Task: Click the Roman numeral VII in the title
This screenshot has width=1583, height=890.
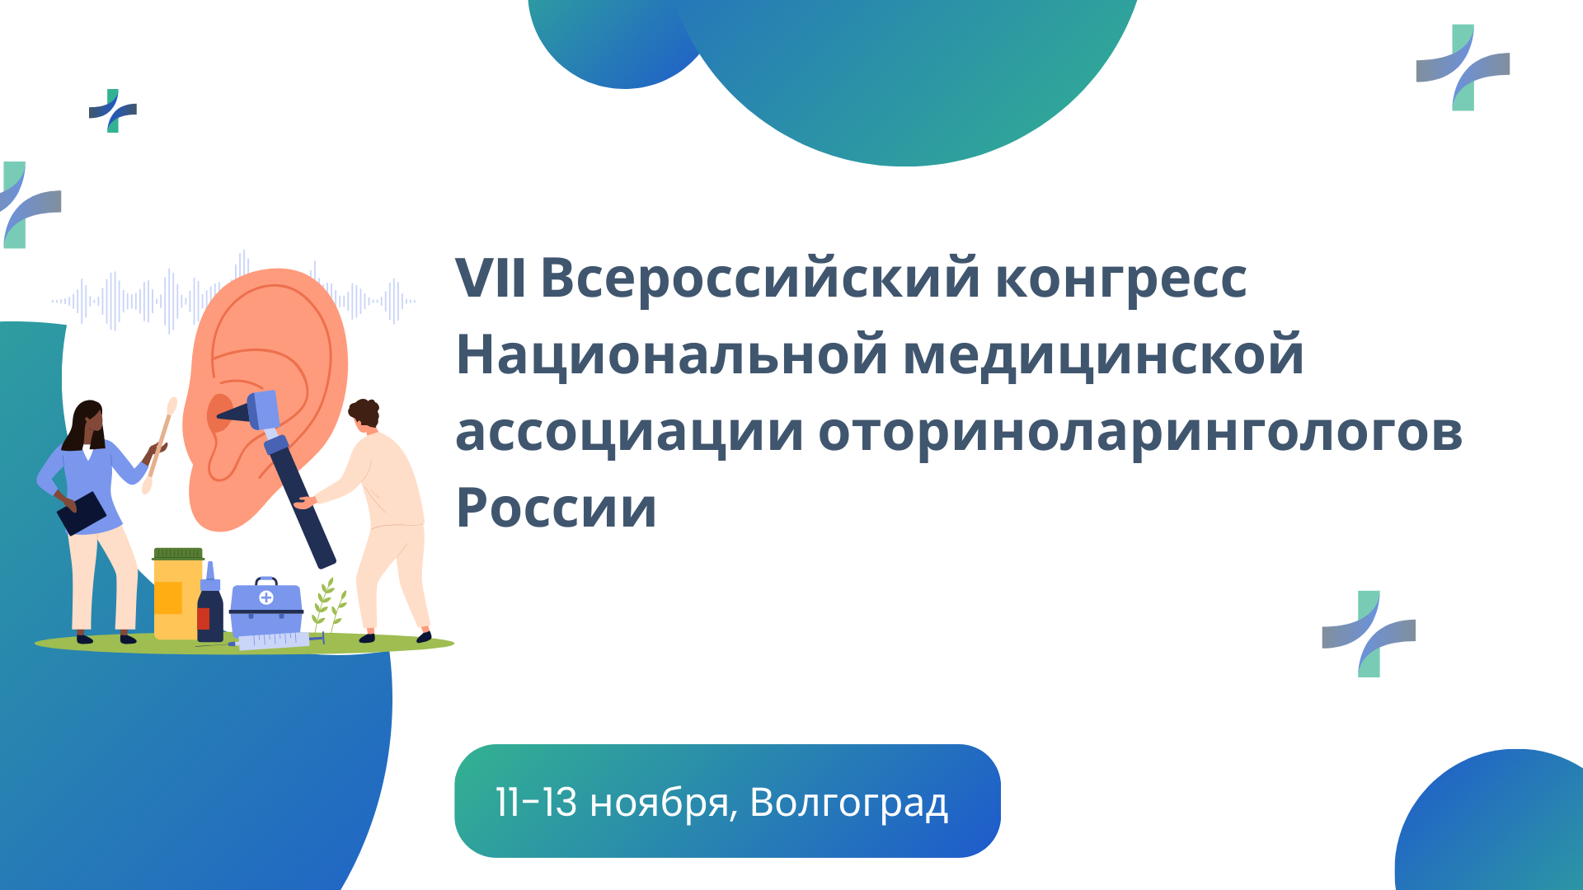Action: point(491,278)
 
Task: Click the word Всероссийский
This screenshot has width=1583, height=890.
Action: point(760,278)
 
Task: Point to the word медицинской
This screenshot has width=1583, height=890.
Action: point(1104,354)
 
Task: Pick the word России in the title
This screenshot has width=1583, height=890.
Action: point(557,508)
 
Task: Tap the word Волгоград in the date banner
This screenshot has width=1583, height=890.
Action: point(849,803)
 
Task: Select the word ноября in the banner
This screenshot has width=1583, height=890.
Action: point(664,804)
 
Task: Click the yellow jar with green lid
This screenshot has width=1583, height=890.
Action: point(178,593)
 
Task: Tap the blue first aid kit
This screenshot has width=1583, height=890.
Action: point(266,607)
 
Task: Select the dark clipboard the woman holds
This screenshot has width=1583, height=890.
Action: point(82,513)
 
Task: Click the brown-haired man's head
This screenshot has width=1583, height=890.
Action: point(364,414)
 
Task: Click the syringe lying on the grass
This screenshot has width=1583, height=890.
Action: point(272,640)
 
